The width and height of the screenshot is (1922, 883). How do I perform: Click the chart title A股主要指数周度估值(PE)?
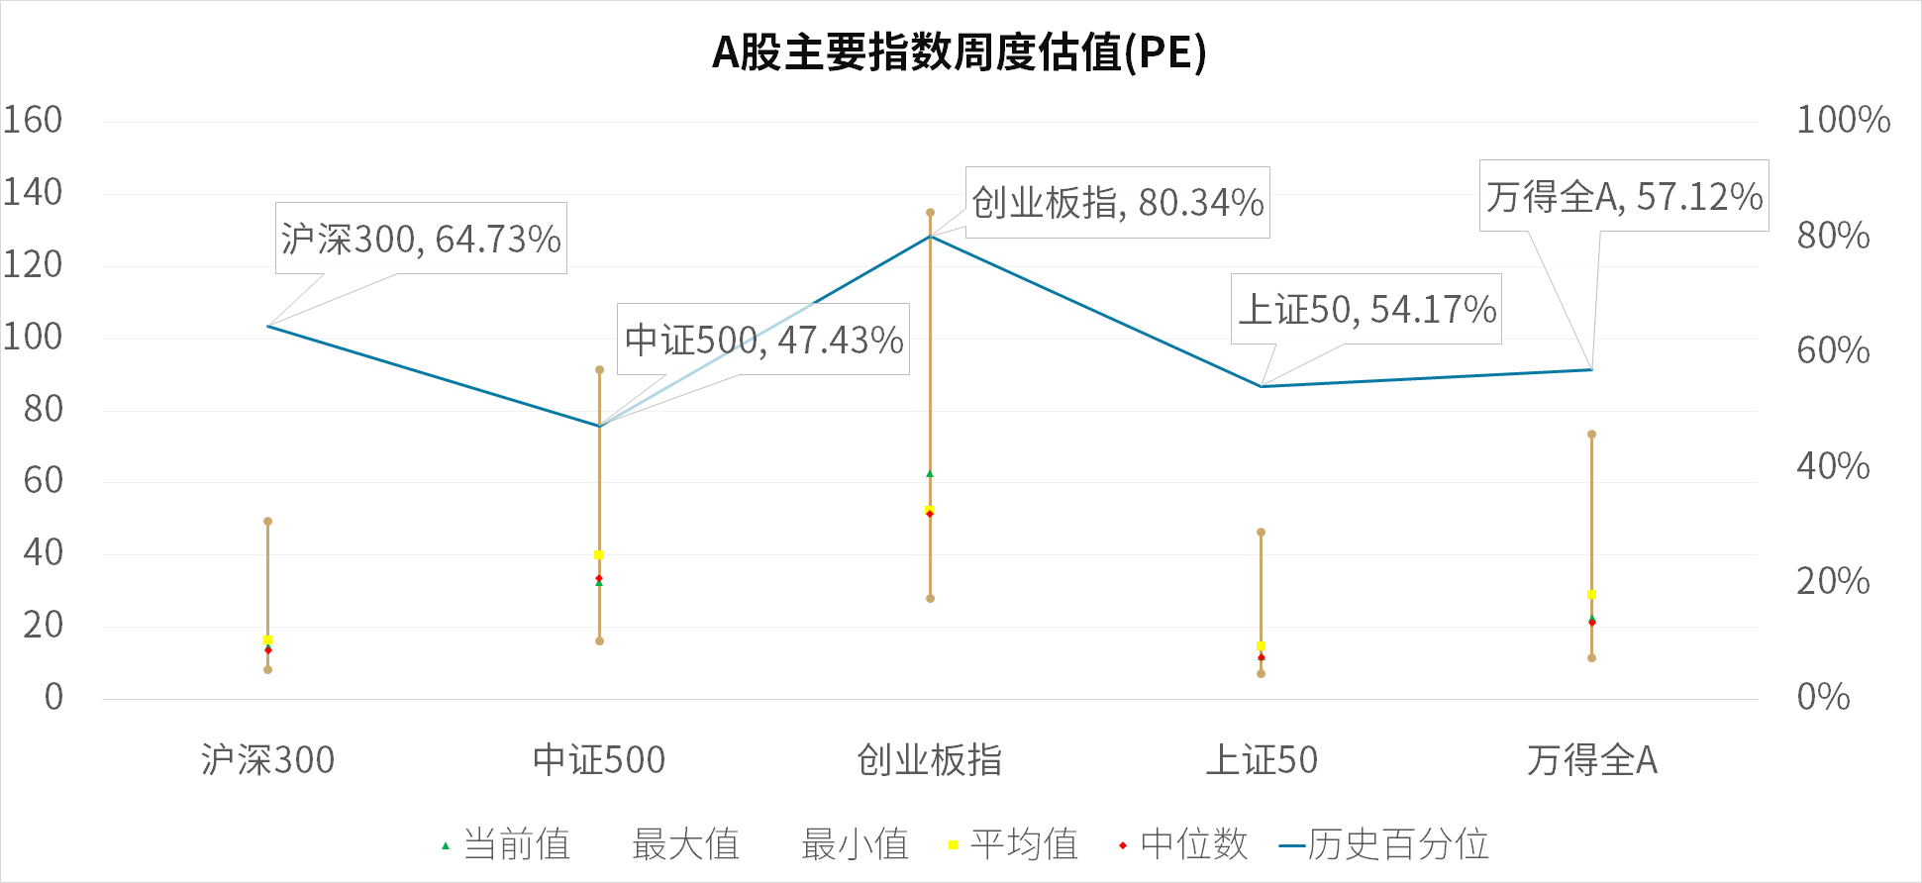point(960,52)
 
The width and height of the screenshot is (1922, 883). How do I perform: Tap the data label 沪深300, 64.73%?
point(421,239)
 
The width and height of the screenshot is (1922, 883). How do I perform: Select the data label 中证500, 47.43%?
point(763,340)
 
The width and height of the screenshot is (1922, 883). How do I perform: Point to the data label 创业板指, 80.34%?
point(1117,203)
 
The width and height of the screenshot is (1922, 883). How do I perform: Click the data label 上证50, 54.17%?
point(1366,310)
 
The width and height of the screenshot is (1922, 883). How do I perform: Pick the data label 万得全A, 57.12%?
point(1624,196)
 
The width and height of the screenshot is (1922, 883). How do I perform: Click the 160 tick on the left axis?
point(33,120)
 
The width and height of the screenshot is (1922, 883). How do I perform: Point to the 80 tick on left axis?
point(43,409)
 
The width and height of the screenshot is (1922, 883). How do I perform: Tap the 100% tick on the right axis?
point(1843,120)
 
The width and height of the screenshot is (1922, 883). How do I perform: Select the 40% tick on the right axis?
point(1833,466)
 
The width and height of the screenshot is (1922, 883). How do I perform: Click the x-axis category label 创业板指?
point(929,760)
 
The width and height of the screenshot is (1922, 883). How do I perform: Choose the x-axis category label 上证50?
point(1261,760)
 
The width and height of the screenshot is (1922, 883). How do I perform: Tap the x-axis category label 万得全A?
point(1591,760)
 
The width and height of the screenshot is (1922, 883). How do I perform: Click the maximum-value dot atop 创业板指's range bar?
point(930,213)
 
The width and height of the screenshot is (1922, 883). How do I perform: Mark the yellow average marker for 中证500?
point(598,555)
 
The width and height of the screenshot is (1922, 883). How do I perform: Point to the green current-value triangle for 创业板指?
point(930,474)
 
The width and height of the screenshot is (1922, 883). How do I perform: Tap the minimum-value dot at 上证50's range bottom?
point(1261,674)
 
